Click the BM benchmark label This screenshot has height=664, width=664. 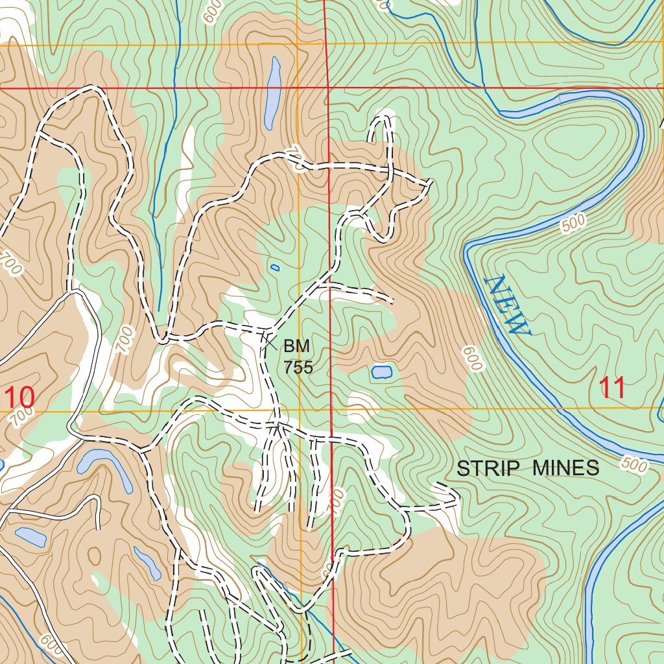[297, 346]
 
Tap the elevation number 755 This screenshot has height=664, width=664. [298, 367]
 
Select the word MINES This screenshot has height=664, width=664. [566, 468]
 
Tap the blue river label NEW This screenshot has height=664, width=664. [507, 305]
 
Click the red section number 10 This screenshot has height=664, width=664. [18, 395]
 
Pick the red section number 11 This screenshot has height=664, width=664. [612, 388]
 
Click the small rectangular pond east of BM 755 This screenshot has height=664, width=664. [381, 372]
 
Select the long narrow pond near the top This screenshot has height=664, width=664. [272, 93]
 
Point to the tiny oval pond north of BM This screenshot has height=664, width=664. [275, 267]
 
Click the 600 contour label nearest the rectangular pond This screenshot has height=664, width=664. [473, 359]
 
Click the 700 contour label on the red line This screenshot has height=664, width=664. [335, 503]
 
